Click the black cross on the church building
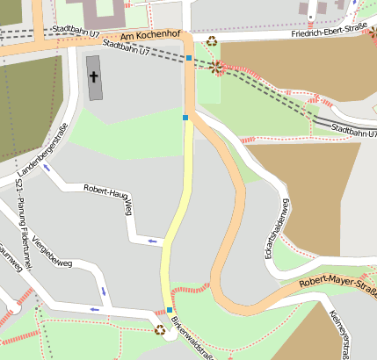[94, 77]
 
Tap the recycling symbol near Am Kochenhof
[212, 40]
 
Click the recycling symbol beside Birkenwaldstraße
[159, 330]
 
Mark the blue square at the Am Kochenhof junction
[189, 58]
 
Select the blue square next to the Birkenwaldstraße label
[170, 309]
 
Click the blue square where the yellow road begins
[185, 117]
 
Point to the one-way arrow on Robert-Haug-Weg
[154, 241]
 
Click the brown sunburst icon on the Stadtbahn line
[216, 66]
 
